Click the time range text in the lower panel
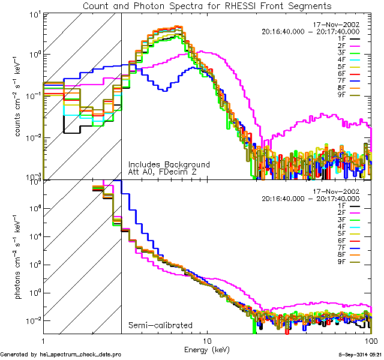tap(310, 199)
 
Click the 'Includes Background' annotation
tap(169, 164)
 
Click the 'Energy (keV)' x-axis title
tap(206, 349)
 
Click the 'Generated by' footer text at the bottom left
tap(61, 355)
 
